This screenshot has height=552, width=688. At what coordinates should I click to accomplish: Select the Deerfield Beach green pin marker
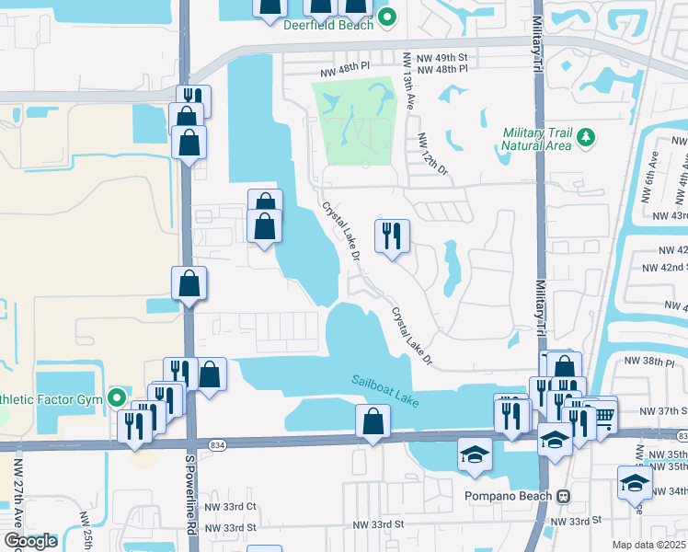pos(387,16)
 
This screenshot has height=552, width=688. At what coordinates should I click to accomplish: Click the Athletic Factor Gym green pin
pos(117,398)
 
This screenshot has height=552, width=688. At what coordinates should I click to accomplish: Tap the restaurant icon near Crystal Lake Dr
pos(392,236)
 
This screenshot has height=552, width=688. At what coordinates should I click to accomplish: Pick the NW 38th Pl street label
pos(659,362)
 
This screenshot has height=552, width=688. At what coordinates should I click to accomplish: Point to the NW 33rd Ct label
pos(229,506)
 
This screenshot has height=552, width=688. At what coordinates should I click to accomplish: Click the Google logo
pos(30,541)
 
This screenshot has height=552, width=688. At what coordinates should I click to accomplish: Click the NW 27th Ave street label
pos(18,497)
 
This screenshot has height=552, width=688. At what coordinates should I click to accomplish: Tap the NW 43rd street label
pos(669,215)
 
